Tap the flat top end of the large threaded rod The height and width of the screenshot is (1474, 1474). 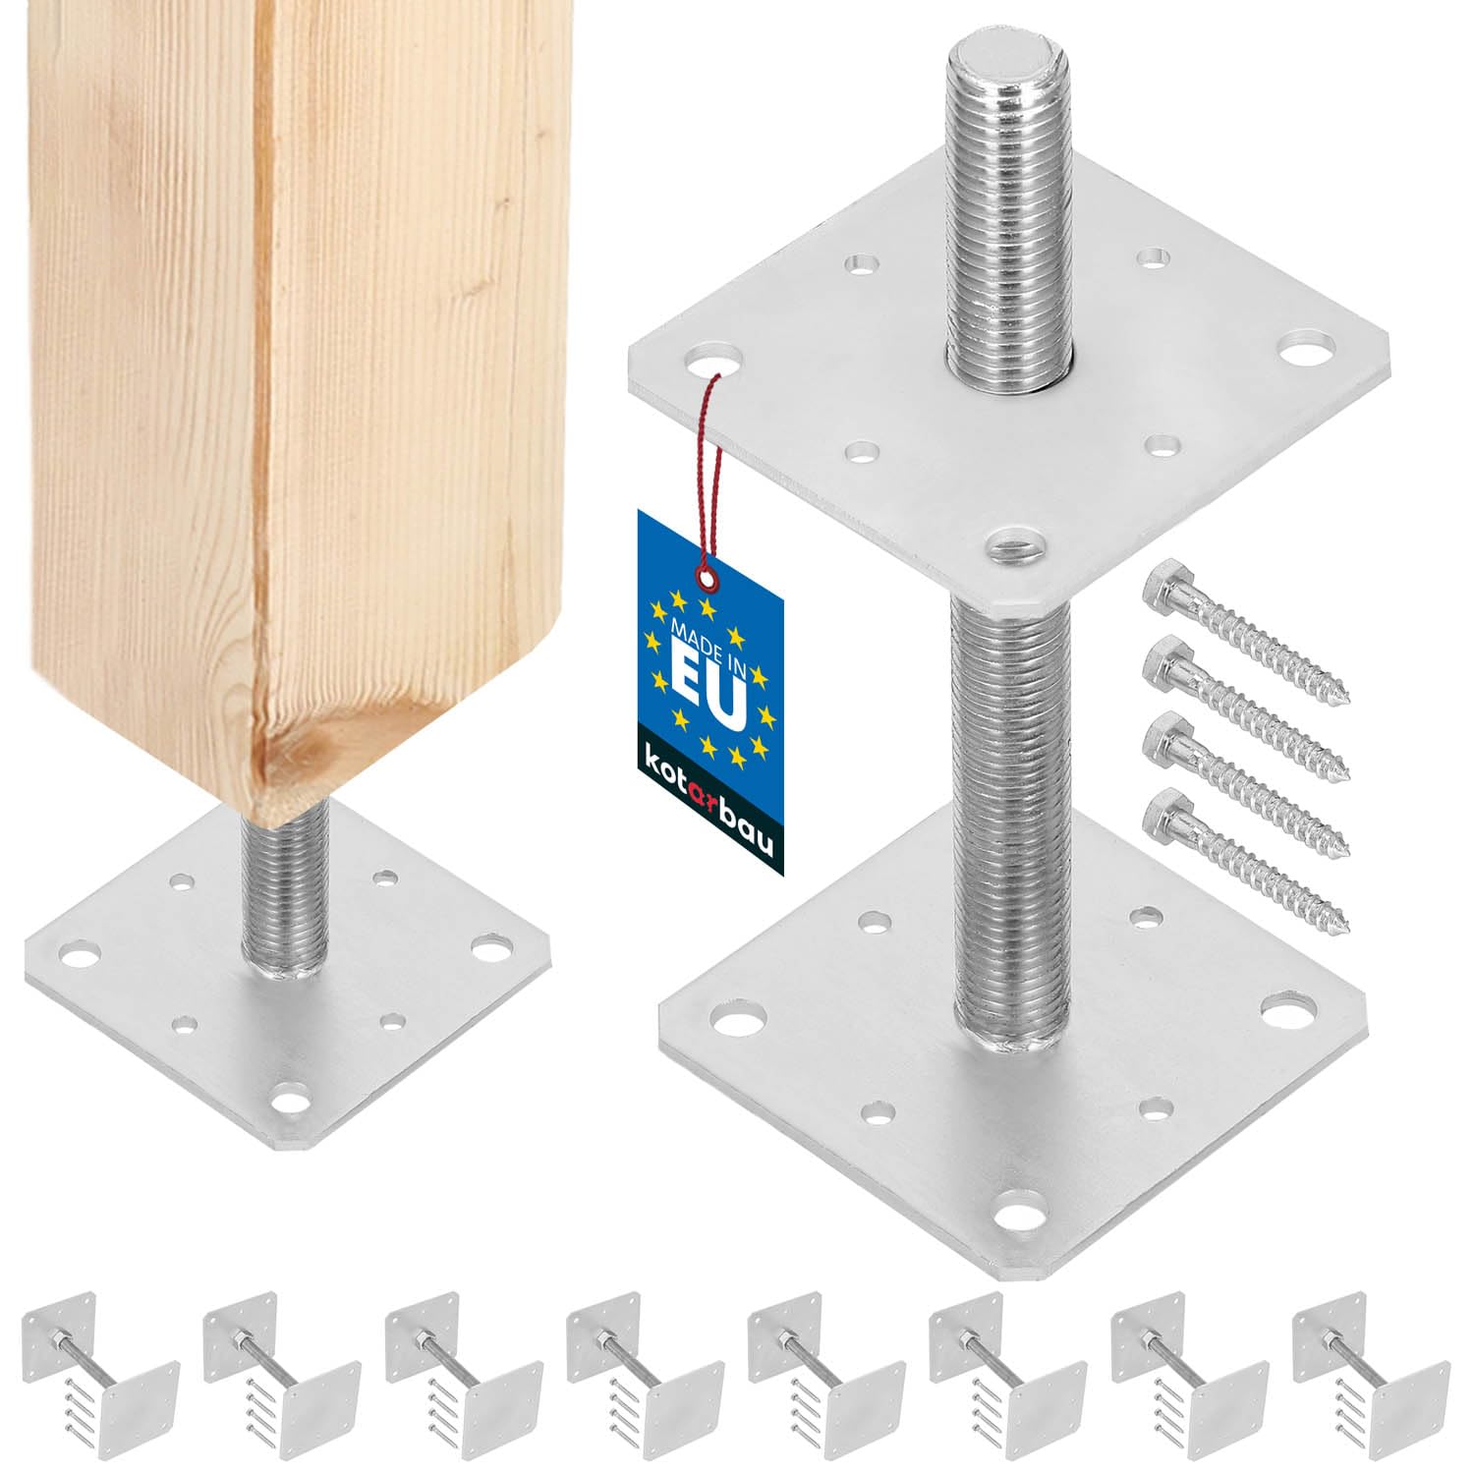pyautogui.click(x=1001, y=59)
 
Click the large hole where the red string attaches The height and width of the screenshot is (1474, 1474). pyautogui.click(x=716, y=360)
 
